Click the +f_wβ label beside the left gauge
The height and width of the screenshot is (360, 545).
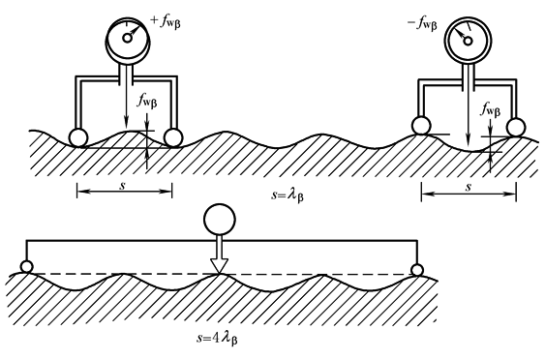(x=166, y=22)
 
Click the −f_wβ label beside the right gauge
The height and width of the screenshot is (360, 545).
(x=422, y=24)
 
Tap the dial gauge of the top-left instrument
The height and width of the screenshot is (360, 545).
(x=128, y=42)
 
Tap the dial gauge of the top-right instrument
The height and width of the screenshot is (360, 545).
(x=468, y=40)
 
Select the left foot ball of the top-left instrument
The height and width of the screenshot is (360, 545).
(x=78, y=137)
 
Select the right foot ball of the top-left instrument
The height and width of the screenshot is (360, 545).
(x=173, y=137)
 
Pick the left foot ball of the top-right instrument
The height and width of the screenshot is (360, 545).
(x=421, y=126)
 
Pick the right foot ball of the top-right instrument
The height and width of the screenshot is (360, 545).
(x=516, y=127)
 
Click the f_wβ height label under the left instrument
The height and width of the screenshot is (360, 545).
(x=147, y=102)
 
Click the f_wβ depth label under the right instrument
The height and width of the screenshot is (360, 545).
(x=491, y=109)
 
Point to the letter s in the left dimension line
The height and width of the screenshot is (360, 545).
(x=122, y=185)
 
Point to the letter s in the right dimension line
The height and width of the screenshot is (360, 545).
(x=469, y=188)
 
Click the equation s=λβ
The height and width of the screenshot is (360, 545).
(x=288, y=195)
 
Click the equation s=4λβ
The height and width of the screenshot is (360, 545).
(x=217, y=338)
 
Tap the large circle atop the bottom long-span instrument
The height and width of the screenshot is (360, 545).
(x=220, y=220)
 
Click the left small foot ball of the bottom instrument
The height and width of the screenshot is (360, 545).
(x=27, y=267)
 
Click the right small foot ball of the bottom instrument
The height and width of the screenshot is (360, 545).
(x=417, y=270)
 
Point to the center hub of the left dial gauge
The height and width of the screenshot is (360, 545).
(x=128, y=38)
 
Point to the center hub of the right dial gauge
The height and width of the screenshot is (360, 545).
(x=469, y=41)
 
